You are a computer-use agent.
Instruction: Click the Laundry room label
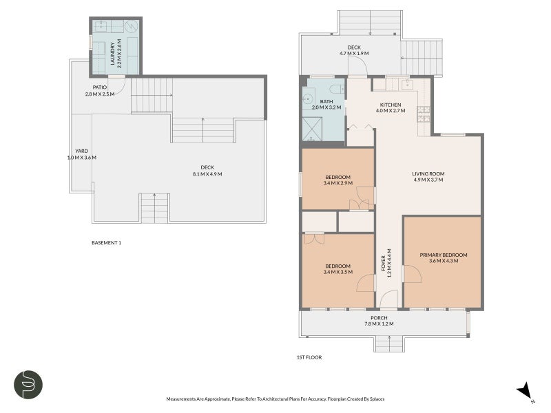113,54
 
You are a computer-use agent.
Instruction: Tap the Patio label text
100,87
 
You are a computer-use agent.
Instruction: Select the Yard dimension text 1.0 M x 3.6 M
82,158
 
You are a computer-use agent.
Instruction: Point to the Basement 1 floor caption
107,243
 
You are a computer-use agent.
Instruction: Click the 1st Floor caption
309,357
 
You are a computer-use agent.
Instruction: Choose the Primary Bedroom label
444,255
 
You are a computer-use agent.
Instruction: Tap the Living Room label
428,174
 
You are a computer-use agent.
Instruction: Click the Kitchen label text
391,105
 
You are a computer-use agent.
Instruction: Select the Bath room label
326,101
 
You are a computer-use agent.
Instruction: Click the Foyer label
384,263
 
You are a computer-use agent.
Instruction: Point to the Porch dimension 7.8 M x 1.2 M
379,324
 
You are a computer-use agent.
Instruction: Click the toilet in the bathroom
337,89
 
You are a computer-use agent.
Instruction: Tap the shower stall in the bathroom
312,129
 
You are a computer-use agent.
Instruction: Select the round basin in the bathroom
309,99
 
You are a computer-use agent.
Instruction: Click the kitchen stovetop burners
424,114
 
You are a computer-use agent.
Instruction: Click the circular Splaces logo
28,385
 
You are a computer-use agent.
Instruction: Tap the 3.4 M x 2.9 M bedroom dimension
337,183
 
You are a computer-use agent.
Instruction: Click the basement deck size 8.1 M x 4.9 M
207,174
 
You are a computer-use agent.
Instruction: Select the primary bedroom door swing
413,274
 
